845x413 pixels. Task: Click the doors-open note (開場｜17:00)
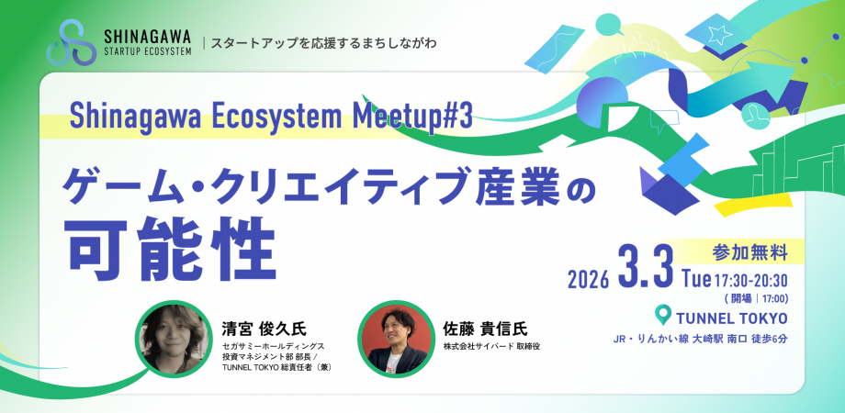(x=756, y=297)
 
